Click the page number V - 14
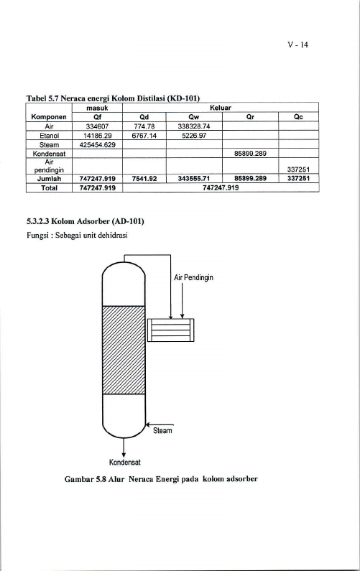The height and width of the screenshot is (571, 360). tap(297, 45)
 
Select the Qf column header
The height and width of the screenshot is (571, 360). tap(97, 117)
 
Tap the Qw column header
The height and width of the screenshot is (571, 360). tap(194, 117)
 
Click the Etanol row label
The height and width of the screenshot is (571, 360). tap(49, 136)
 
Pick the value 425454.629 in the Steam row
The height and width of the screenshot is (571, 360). tap(98, 144)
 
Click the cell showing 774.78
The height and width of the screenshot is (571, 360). tap(144, 126)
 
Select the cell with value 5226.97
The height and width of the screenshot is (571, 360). tap(194, 136)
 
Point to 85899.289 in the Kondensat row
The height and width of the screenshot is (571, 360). tap(250, 154)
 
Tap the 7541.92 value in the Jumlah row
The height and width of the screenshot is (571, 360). tap(144, 178)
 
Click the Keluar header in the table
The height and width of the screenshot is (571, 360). tap(221, 108)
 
